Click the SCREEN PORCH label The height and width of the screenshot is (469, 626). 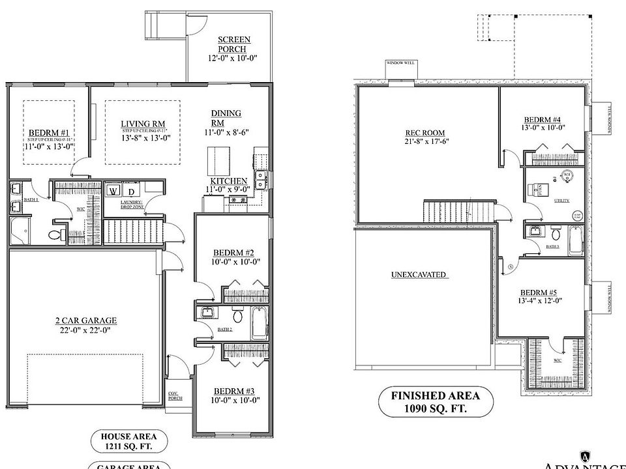coord(233,44)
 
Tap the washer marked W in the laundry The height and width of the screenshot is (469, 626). coord(113,192)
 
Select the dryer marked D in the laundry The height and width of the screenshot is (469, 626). coord(130,192)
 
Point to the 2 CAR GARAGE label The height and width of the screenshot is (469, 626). coord(85,320)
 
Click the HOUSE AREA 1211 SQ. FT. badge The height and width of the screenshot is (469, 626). coord(128,442)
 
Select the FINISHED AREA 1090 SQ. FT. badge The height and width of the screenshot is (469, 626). coord(435,402)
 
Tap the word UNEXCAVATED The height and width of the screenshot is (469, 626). coord(419,274)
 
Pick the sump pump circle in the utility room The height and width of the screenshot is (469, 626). coord(576,216)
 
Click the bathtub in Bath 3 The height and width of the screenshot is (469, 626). coord(576,240)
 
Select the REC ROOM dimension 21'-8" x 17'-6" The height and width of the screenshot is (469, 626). coord(425,141)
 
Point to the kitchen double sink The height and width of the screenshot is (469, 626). coord(261,179)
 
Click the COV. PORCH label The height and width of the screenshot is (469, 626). coord(174,395)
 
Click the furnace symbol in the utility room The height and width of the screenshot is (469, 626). coord(541,190)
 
